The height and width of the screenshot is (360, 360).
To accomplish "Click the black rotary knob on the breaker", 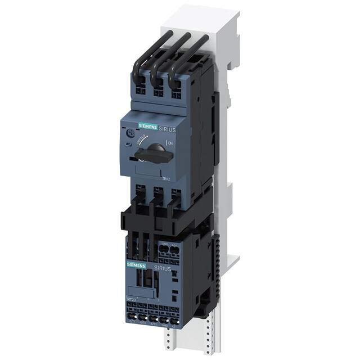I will (155, 151).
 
